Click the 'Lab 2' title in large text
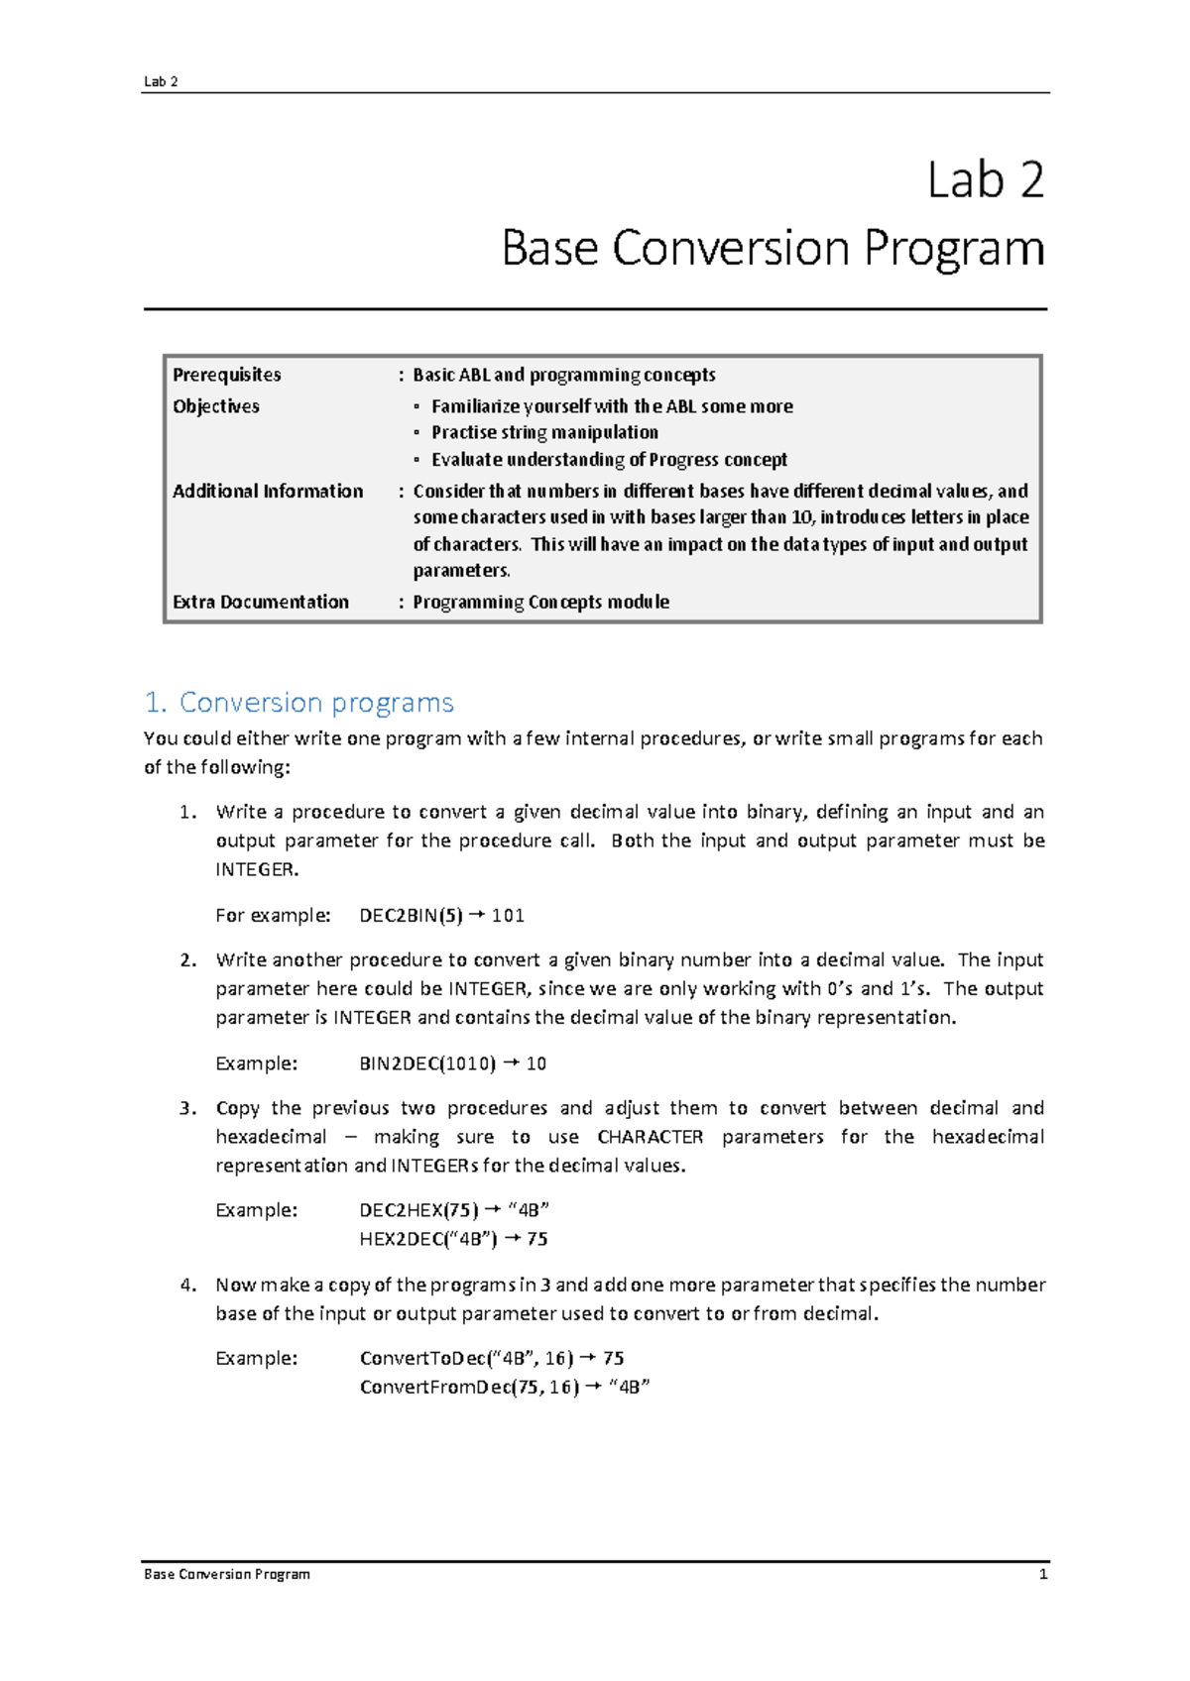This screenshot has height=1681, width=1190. click(x=985, y=181)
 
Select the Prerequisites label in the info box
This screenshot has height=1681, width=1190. click(x=226, y=375)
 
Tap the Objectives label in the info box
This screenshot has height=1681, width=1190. click(x=216, y=406)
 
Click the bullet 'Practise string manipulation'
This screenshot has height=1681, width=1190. click(x=544, y=433)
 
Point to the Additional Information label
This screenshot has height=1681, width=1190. click(x=268, y=492)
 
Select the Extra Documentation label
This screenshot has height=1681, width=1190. click(x=261, y=603)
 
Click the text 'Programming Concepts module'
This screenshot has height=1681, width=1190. click(x=540, y=603)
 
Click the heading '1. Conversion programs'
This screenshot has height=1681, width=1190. click(x=298, y=703)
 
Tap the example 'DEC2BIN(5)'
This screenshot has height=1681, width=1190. click(x=411, y=916)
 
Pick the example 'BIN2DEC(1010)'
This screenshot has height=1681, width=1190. click(x=426, y=1064)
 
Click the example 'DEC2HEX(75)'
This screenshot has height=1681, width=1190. click(x=417, y=1210)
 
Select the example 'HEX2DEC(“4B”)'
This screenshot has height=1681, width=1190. click(x=427, y=1239)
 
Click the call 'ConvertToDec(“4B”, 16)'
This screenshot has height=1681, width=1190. click(x=466, y=1359)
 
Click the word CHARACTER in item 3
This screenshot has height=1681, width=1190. click(x=650, y=1137)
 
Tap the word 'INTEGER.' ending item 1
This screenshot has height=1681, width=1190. click(x=257, y=869)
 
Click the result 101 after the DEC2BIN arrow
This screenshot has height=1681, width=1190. click(x=508, y=916)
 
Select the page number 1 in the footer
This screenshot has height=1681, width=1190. click(x=1042, y=1574)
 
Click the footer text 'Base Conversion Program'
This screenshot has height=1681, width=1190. click(x=227, y=1574)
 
